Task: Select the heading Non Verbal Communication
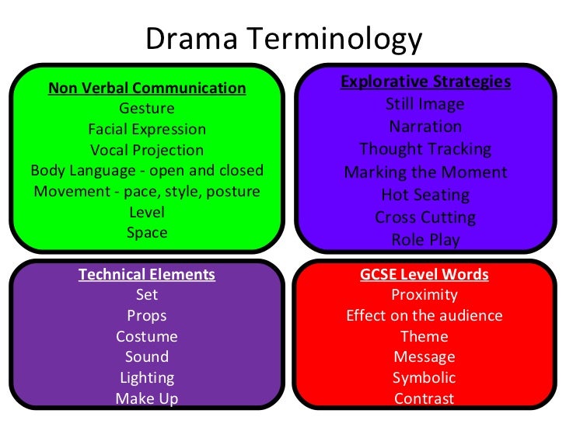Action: (147, 88)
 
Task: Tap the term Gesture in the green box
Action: (147, 109)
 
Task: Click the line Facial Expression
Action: (147, 129)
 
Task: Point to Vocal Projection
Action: (147, 150)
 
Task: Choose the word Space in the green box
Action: (147, 231)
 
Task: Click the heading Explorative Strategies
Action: (425, 82)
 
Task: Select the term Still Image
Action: (425, 104)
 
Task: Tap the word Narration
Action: (425, 127)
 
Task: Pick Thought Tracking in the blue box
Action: (425, 149)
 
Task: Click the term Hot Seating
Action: (425, 195)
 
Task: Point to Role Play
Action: (425, 240)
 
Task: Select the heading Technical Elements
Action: (147, 274)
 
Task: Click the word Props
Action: (147, 316)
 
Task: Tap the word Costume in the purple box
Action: (147, 337)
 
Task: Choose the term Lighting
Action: (147, 378)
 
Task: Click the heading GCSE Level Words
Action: (424, 274)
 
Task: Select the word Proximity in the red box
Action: (424, 295)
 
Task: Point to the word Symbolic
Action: (424, 378)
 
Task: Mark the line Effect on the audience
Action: (424, 316)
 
